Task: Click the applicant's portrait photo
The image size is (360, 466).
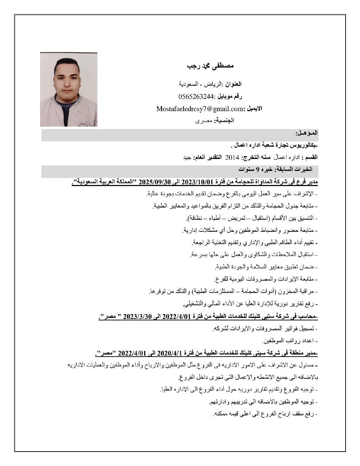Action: (69, 89)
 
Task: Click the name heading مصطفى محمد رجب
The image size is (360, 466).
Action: (210, 66)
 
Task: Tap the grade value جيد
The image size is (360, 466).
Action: (187, 157)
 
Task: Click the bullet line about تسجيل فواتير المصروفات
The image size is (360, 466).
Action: (265, 329)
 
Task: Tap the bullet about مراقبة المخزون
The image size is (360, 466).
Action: (233, 292)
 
